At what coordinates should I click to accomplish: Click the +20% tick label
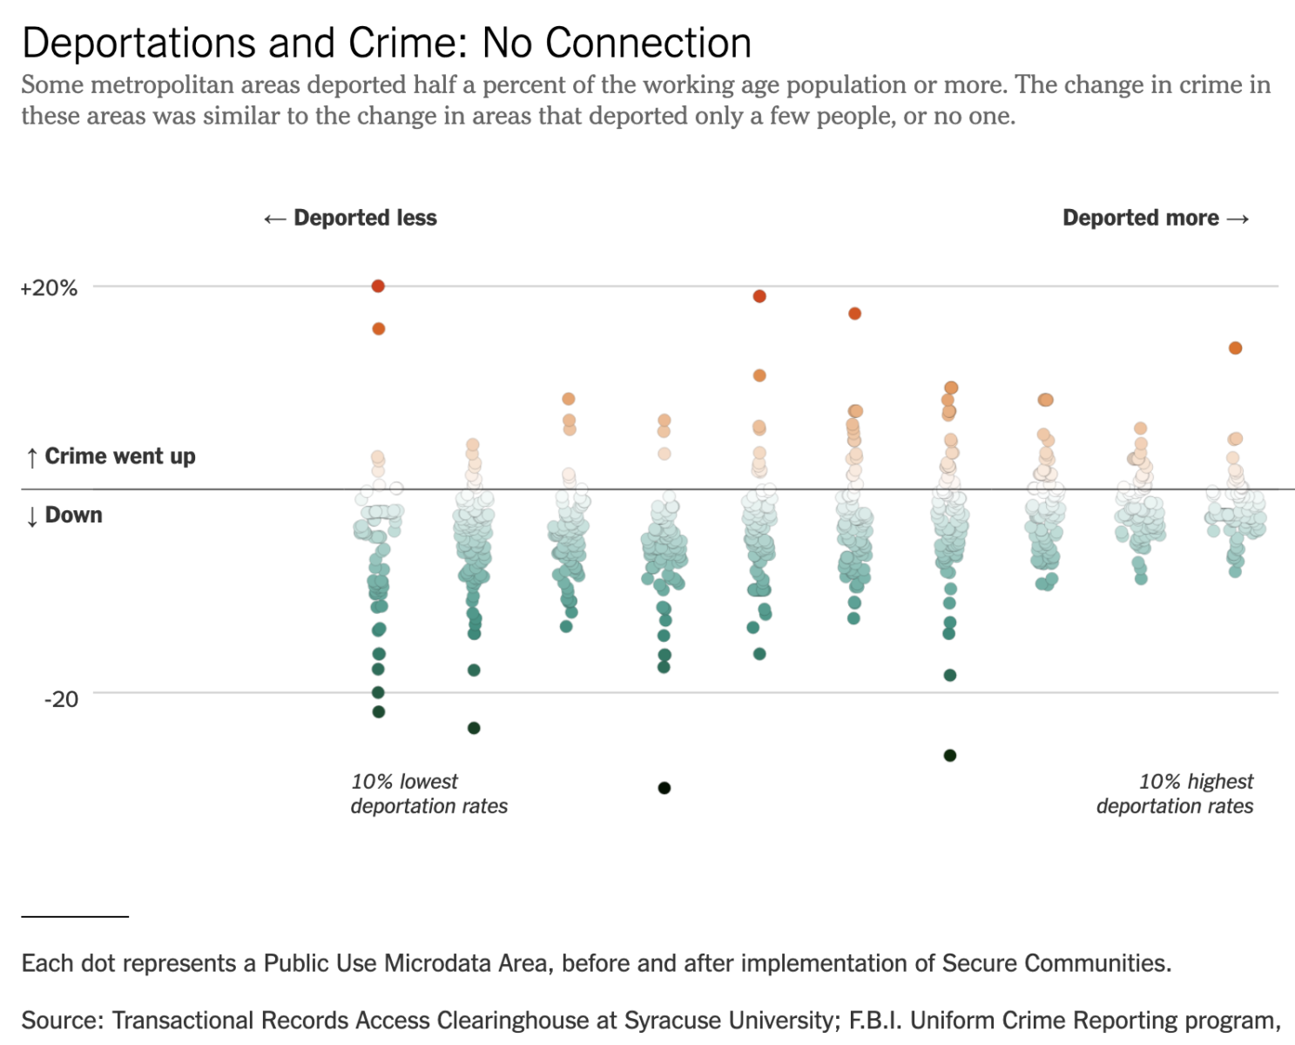tap(49, 288)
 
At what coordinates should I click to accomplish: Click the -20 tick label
tap(61, 699)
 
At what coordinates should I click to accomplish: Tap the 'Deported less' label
tap(365, 218)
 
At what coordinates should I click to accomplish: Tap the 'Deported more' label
tap(1140, 218)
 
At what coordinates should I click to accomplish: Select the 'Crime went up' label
tap(120, 456)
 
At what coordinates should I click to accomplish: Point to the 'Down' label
tap(74, 515)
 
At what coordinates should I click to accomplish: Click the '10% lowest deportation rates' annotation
tap(428, 793)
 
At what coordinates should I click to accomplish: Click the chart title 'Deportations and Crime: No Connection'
tap(387, 44)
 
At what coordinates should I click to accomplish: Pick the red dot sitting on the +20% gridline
tap(378, 286)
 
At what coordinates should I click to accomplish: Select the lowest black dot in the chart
tap(664, 788)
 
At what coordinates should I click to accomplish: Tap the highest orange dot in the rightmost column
tap(1235, 348)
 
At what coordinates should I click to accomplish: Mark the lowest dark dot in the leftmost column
tap(379, 711)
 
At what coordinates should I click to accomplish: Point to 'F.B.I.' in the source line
tap(876, 1020)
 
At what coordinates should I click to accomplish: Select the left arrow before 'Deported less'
tap(274, 219)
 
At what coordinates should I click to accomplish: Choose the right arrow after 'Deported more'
tap(1238, 219)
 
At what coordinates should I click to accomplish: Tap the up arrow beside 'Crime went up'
tap(32, 457)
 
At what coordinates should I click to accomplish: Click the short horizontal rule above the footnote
tap(75, 916)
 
